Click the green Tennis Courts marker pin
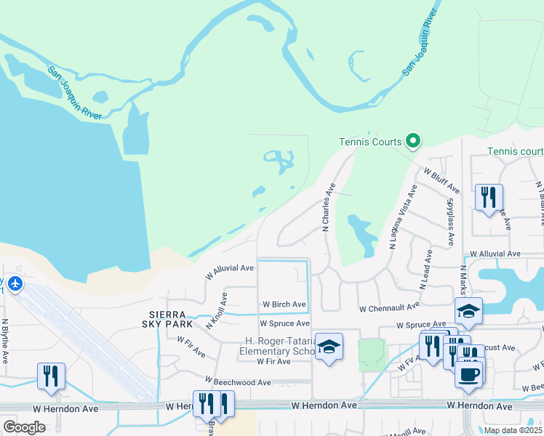tap(413, 141)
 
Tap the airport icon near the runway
tap(16, 283)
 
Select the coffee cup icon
tap(469, 374)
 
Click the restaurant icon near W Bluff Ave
tap(489, 195)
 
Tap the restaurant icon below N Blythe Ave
tap(51, 375)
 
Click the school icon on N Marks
tap(469, 311)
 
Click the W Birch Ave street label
tap(284, 304)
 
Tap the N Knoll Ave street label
tap(217, 311)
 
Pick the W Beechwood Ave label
tap(238, 381)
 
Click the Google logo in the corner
tap(24, 427)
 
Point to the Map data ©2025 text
tap(513, 430)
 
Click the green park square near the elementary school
tap(371, 354)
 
